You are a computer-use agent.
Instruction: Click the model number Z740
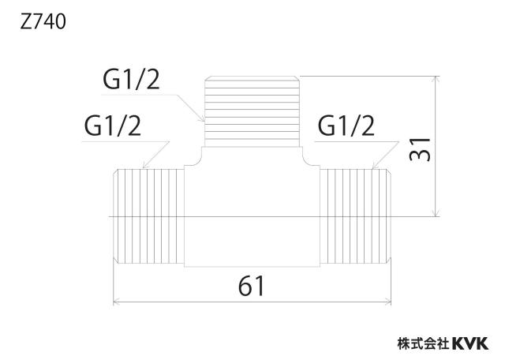(x=43, y=22)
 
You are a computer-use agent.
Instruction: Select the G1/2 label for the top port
(x=131, y=80)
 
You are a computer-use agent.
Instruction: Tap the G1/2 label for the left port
(x=112, y=126)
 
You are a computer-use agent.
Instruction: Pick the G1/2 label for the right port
(x=346, y=126)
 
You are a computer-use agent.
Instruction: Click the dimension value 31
(x=420, y=149)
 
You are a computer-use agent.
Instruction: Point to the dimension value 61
(x=251, y=287)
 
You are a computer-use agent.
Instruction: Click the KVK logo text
(x=470, y=343)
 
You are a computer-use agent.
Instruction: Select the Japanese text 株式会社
(x=424, y=343)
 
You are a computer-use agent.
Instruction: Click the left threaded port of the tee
(x=149, y=216)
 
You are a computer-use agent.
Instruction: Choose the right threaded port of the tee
(x=356, y=216)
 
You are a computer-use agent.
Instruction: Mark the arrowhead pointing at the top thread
(x=201, y=118)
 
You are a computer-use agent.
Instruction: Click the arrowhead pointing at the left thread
(x=146, y=164)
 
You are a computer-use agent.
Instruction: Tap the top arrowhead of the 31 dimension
(x=436, y=81)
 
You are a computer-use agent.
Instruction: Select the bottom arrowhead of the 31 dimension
(x=436, y=212)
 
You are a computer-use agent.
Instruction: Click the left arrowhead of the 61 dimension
(x=118, y=302)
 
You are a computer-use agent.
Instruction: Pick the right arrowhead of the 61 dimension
(x=387, y=302)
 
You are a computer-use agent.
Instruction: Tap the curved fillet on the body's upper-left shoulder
(x=198, y=162)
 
